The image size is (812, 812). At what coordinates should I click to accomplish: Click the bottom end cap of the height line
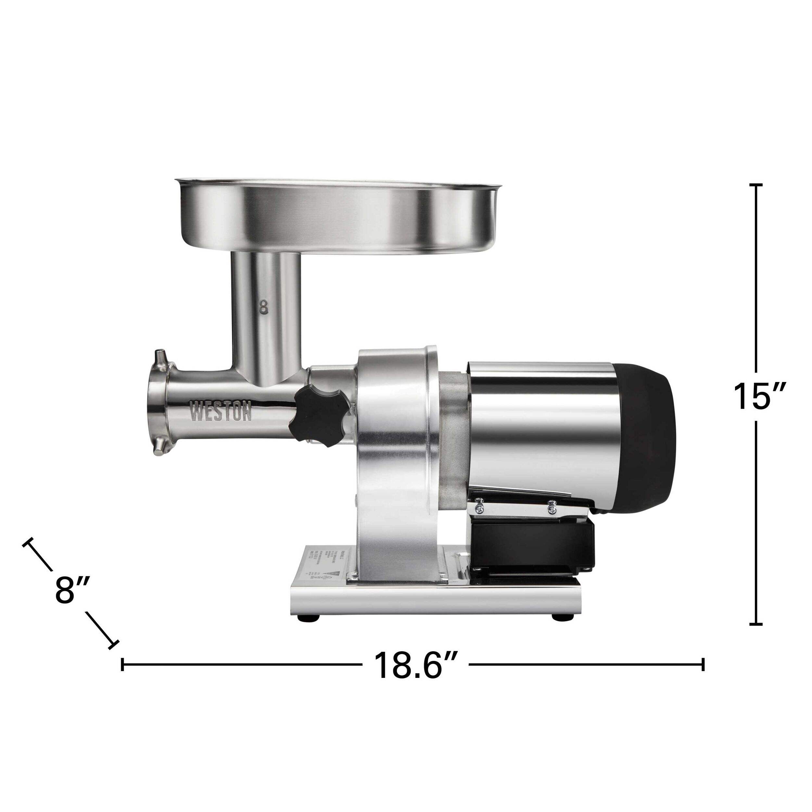(x=756, y=636)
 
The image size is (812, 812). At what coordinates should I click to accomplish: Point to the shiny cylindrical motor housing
(x=542, y=425)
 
